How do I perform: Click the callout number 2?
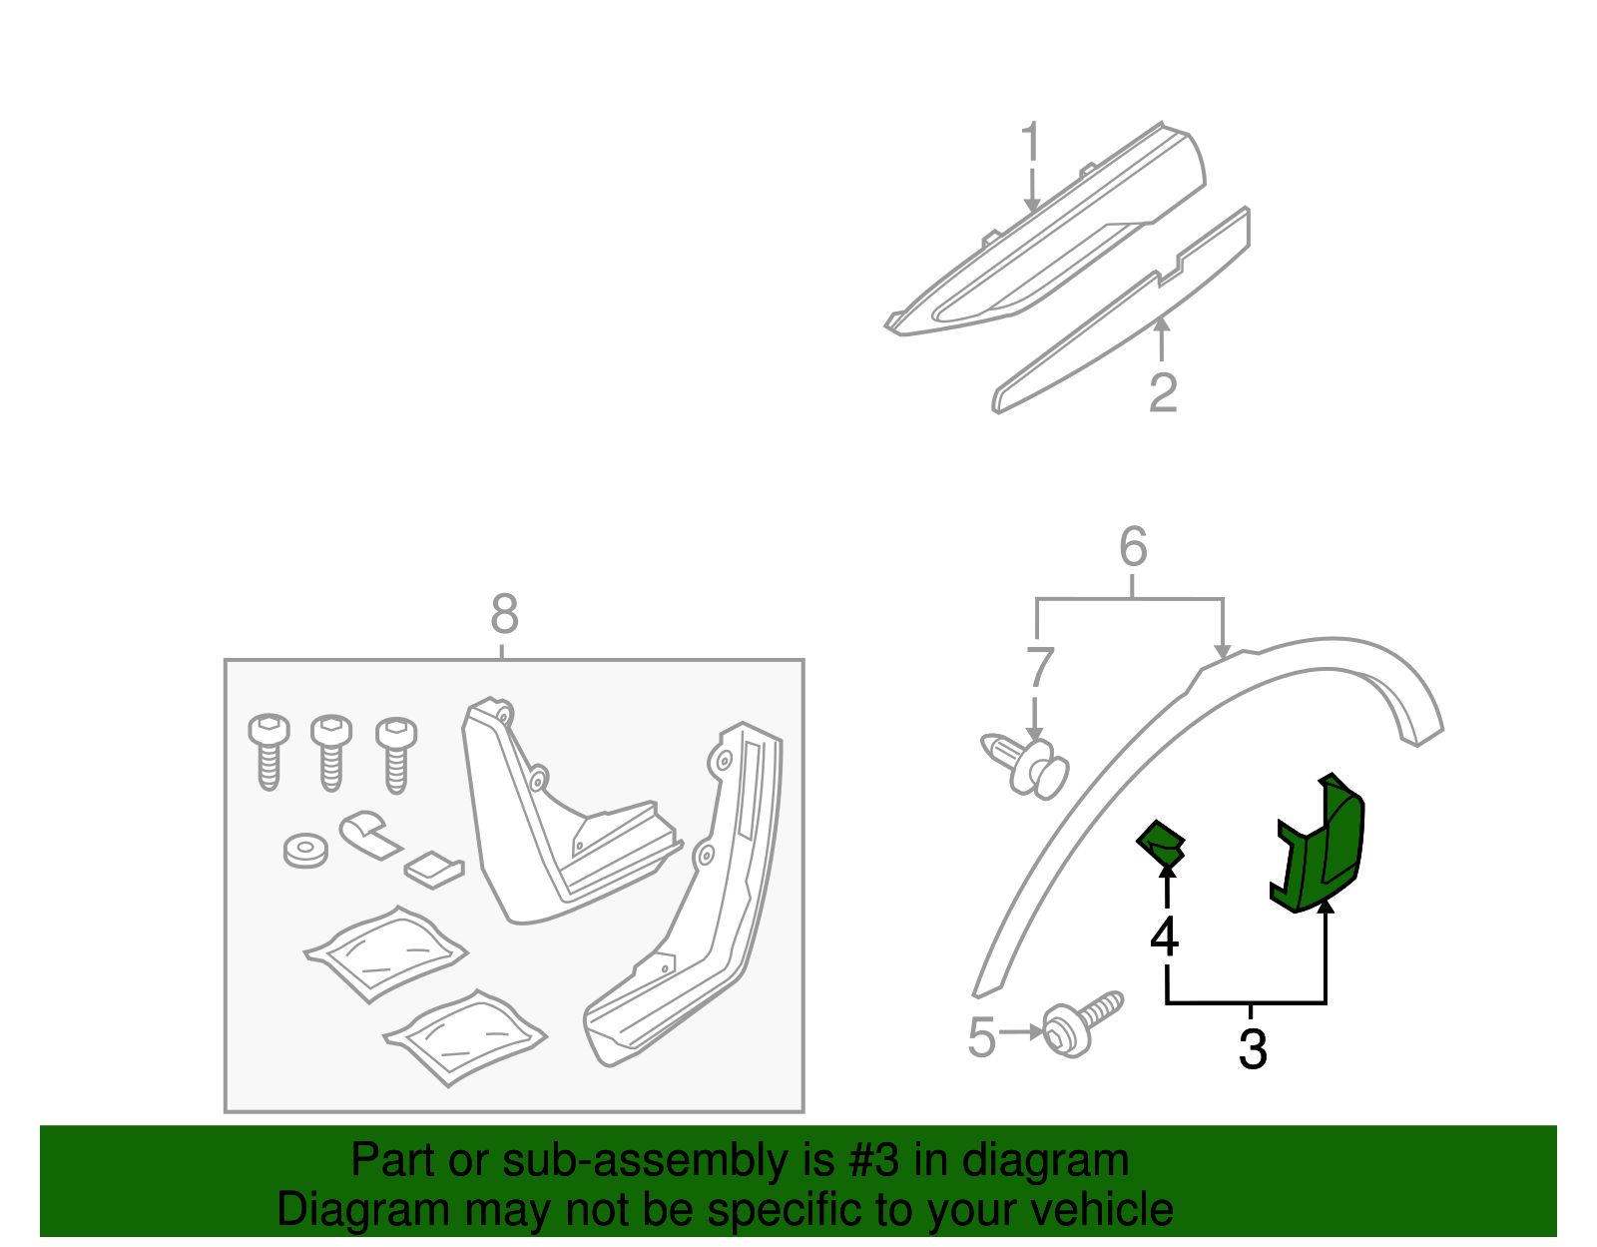(x=1163, y=392)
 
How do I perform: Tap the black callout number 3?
(x=1252, y=1049)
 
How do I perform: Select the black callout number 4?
(x=1164, y=936)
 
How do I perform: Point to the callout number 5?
(x=982, y=1037)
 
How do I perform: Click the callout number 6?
(x=1133, y=547)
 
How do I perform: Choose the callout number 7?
(x=1039, y=668)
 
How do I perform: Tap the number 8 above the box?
(x=504, y=615)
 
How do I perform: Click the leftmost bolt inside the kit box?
(x=268, y=750)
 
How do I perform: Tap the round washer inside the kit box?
(x=305, y=851)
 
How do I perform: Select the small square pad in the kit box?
(x=433, y=867)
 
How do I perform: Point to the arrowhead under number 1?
(x=1031, y=205)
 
